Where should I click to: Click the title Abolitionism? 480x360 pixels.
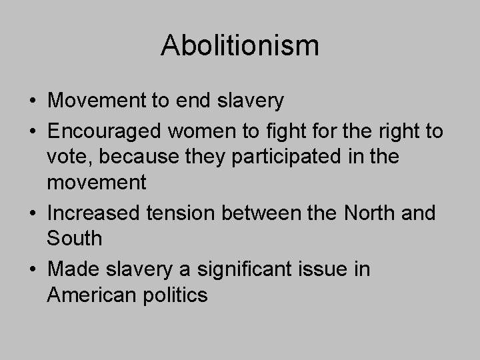tap(240, 46)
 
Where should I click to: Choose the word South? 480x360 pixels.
tap(75, 237)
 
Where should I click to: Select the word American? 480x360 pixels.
tap(93, 294)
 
